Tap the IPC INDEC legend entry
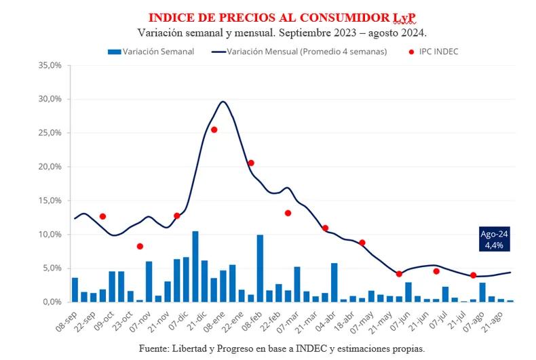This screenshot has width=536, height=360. click(x=435, y=52)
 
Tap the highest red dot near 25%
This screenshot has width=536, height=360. click(x=214, y=129)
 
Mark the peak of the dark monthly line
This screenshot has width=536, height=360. click(x=223, y=102)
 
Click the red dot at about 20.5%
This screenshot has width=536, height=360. click(x=251, y=163)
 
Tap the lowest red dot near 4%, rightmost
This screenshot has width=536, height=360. click(x=473, y=275)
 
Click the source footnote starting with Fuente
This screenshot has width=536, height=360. click(x=282, y=348)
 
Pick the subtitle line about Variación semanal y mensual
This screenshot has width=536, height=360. click(x=282, y=32)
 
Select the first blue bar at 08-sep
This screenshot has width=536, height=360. click(x=75, y=289)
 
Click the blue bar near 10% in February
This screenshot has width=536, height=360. click(x=260, y=268)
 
